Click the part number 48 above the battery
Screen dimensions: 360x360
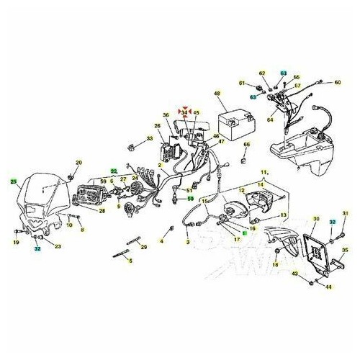pos(215,94)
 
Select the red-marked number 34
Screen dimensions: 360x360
pos(185,112)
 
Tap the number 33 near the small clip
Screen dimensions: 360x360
pos(150,138)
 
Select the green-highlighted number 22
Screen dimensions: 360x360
pos(112,171)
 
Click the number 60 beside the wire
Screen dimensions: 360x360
pos(338,83)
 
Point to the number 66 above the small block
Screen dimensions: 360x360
pos(246,145)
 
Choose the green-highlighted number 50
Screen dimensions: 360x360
pos(190,197)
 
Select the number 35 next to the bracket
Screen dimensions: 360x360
pos(345,250)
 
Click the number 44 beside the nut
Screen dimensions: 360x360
pos(328,287)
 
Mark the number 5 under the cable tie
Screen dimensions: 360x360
pos(130,261)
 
